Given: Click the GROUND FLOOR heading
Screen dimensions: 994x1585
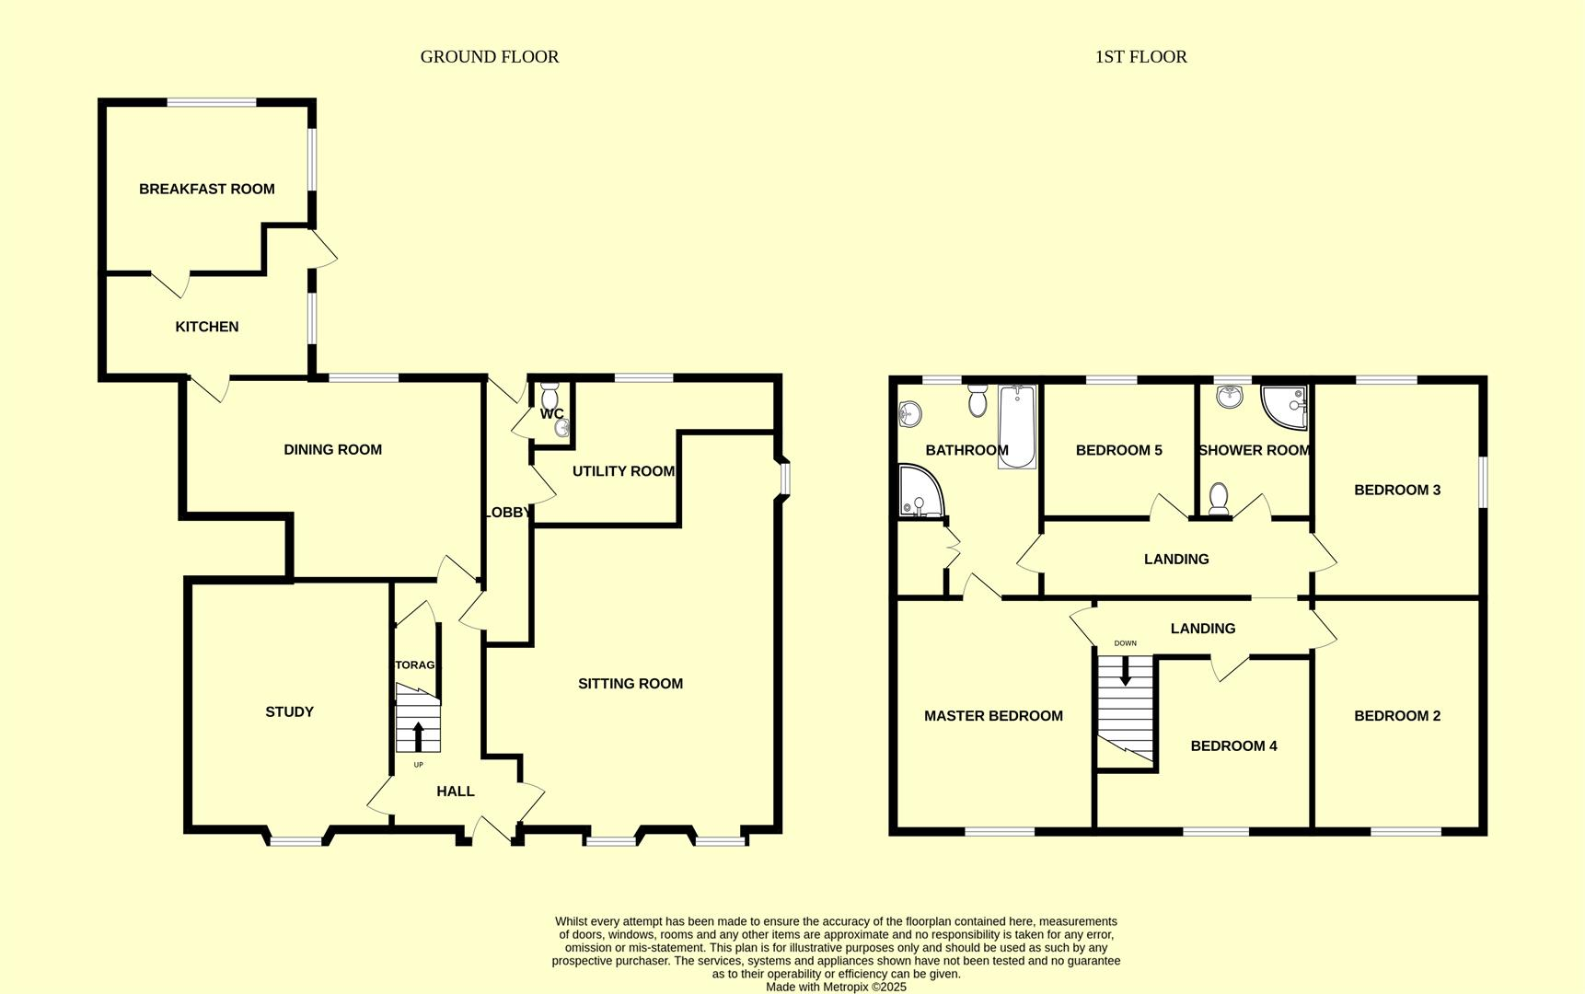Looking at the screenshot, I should click(x=489, y=57).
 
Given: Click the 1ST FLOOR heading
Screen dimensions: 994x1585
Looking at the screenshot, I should click(x=1140, y=57).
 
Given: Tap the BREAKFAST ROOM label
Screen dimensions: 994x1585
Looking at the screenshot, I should click(x=206, y=189).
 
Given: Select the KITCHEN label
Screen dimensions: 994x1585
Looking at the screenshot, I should click(x=206, y=327).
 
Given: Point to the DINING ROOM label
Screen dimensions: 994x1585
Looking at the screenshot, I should click(x=332, y=449).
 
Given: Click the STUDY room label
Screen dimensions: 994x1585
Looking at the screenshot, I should click(x=289, y=711).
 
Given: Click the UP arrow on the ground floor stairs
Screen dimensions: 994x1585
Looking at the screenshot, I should click(x=418, y=736).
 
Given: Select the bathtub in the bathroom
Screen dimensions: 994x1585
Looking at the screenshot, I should click(x=1017, y=427).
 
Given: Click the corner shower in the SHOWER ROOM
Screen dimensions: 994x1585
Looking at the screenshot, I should click(x=1286, y=407).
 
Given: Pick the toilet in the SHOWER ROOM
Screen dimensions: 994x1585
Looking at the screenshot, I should click(x=1218, y=498).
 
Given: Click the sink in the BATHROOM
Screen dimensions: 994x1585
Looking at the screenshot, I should click(x=908, y=414).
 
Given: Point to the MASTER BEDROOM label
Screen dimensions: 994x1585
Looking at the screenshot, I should click(x=993, y=715).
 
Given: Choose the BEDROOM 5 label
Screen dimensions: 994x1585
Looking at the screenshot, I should click(x=1118, y=450).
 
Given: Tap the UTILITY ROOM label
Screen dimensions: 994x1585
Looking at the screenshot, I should click(x=623, y=471).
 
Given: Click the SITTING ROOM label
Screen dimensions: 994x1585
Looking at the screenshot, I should click(x=630, y=683).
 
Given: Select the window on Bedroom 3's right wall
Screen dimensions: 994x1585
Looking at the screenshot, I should click(x=1483, y=481).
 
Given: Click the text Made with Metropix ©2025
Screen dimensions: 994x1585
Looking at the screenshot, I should click(x=836, y=987).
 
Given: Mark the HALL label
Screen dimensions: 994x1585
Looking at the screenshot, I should click(x=455, y=791).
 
